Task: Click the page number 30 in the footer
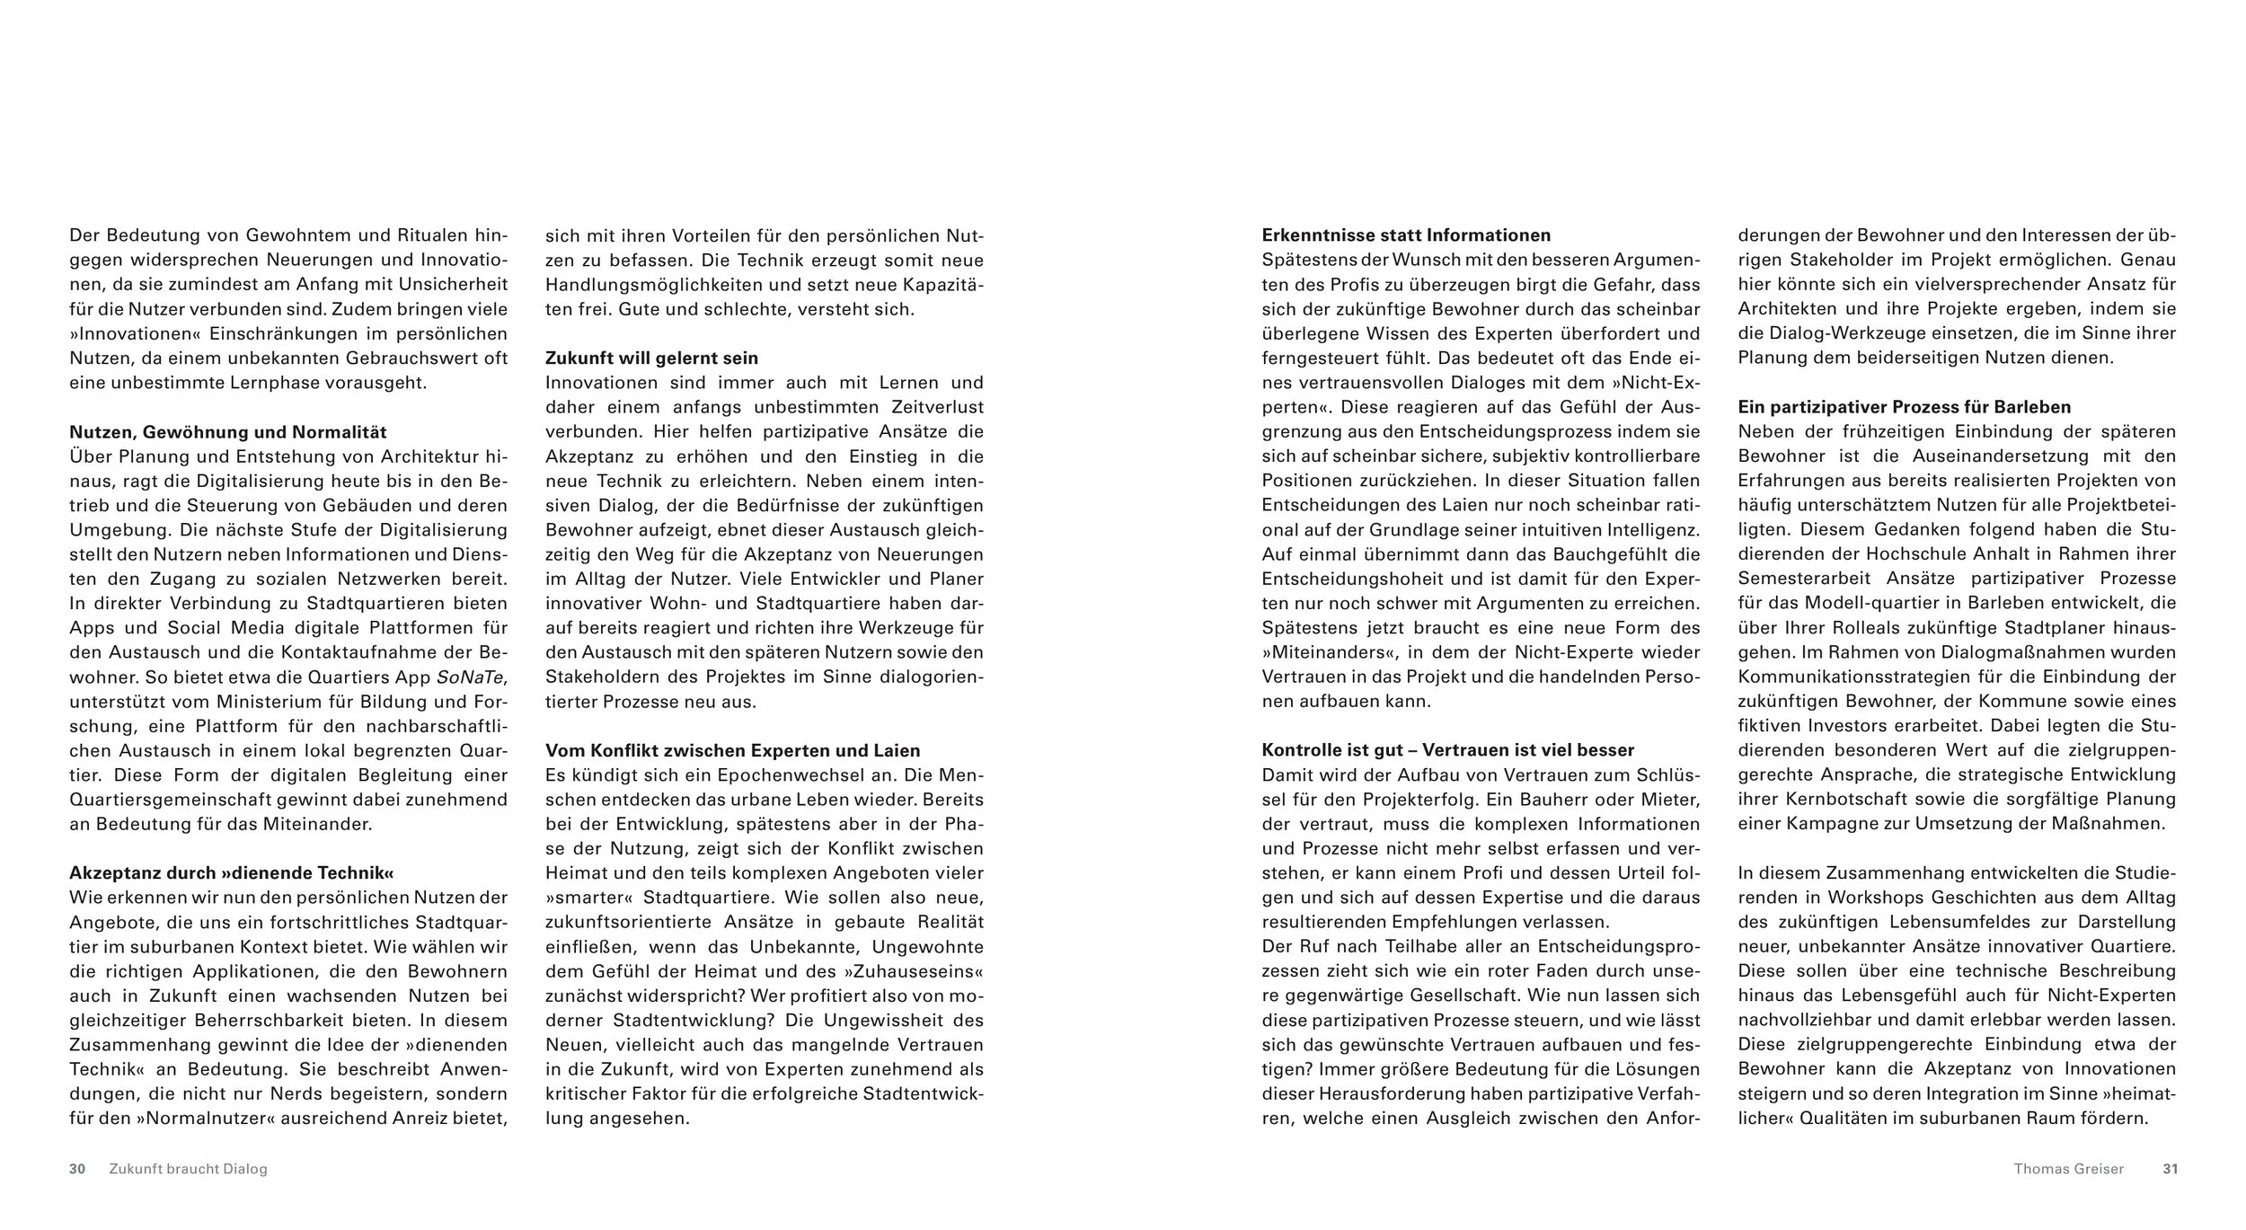(x=77, y=1169)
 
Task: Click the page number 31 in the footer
(x=2170, y=1169)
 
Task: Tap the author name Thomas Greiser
(x=2068, y=1169)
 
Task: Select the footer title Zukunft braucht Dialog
(x=188, y=1169)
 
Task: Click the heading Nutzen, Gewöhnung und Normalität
(x=228, y=432)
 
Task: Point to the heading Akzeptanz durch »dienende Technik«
(x=232, y=872)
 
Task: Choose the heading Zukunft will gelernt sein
(x=651, y=358)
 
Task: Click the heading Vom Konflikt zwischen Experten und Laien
(x=732, y=750)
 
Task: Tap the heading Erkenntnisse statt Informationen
(x=1406, y=235)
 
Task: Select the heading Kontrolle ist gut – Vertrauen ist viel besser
(x=1447, y=750)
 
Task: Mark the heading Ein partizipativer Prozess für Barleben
(x=1904, y=407)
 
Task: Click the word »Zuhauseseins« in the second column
(x=914, y=971)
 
